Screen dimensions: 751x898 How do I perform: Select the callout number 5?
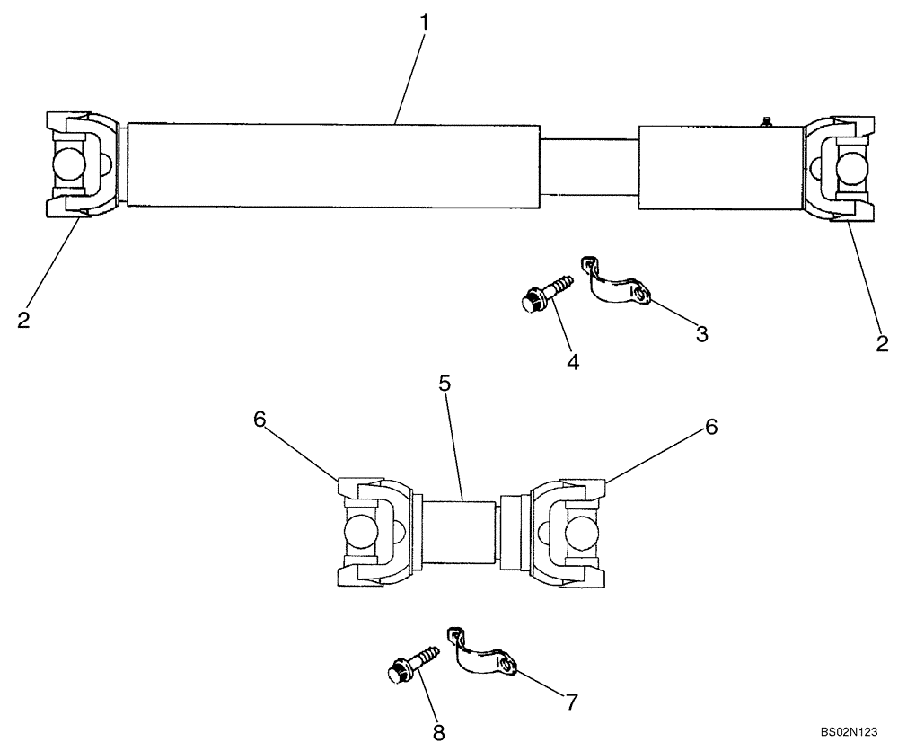(x=444, y=384)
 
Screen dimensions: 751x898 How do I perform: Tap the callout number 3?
(x=701, y=334)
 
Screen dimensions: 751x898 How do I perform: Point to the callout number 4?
(x=573, y=362)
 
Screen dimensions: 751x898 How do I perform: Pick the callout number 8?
(x=438, y=733)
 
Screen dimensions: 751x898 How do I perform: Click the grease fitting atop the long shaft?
(x=766, y=120)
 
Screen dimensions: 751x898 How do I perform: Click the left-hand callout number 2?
(x=23, y=320)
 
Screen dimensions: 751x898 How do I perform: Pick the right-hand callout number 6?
(x=711, y=428)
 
